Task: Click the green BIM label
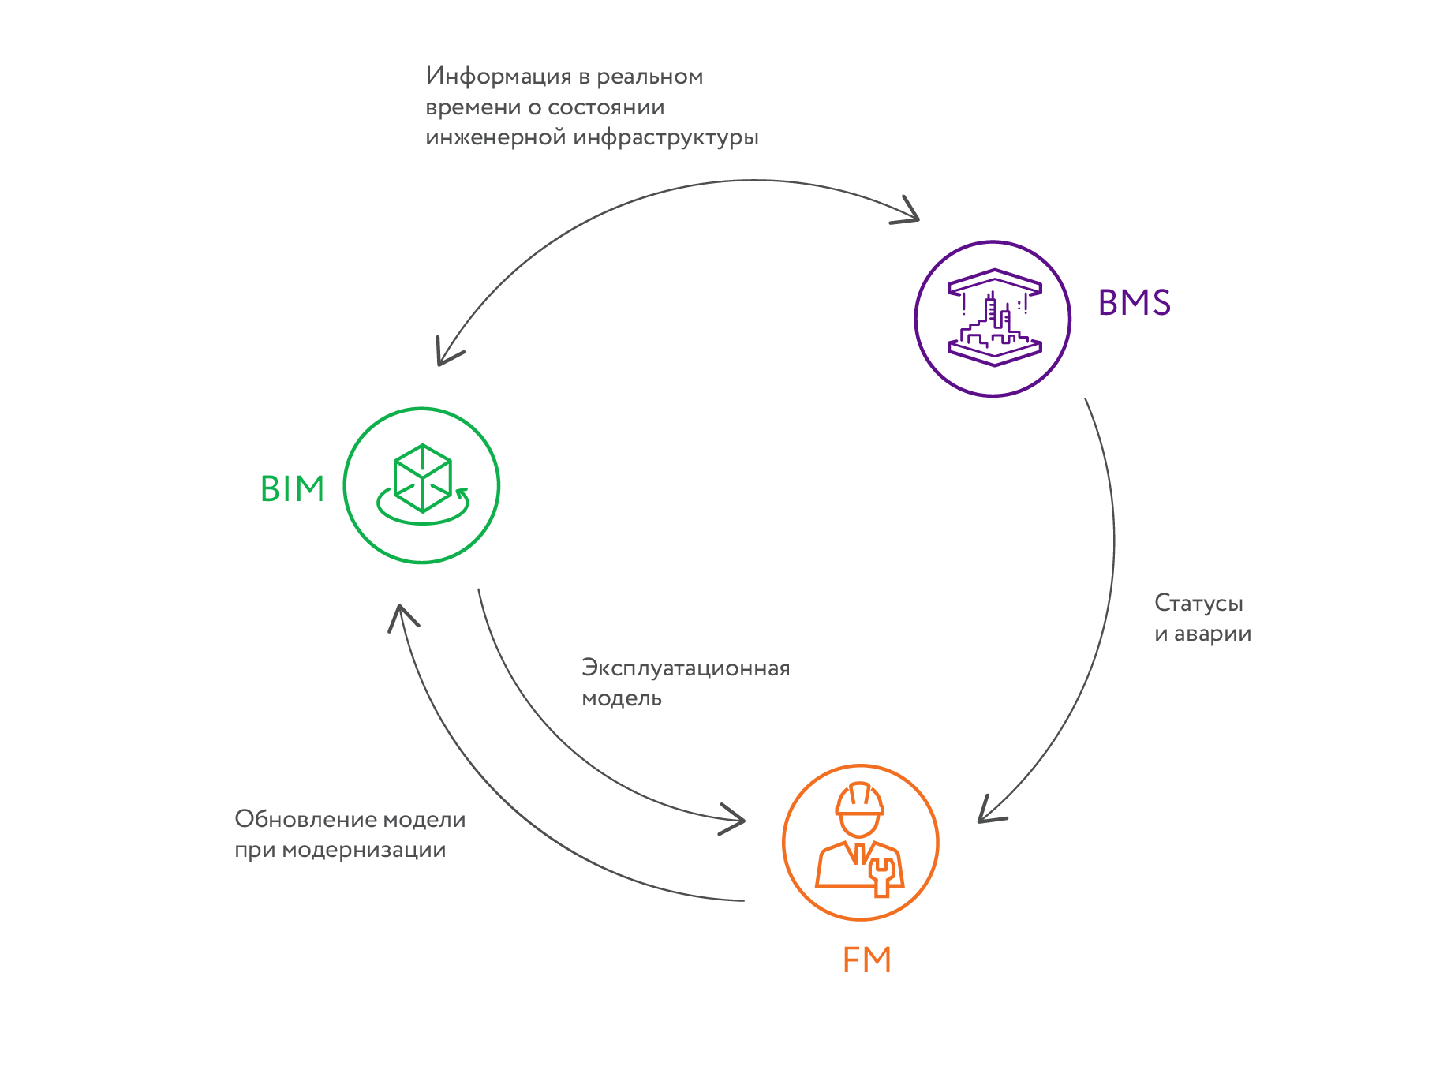[292, 488]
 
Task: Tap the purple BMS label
[1134, 303]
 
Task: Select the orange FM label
[866, 959]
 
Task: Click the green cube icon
[423, 478]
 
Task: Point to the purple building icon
[993, 318]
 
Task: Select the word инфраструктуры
[666, 138]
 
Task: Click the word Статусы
[1198, 604]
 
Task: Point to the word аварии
[1213, 634]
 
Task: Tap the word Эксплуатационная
[685, 668]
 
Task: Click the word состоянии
[606, 107]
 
